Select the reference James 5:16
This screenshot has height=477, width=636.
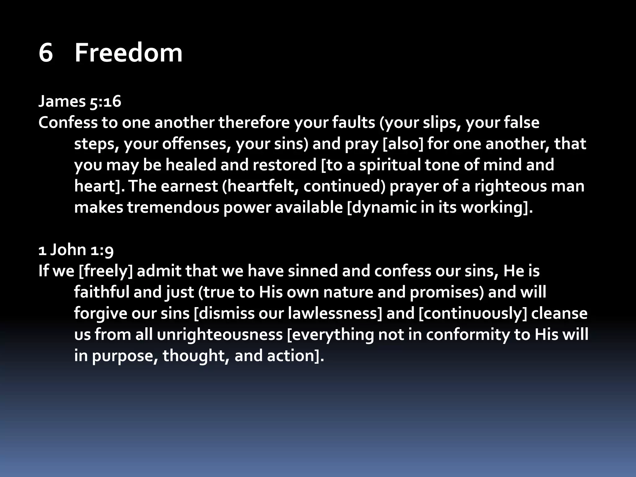click(x=79, y=102)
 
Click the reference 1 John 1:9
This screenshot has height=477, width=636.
click(x=76, y=250)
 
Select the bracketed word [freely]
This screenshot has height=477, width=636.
click(x=106, y=271)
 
